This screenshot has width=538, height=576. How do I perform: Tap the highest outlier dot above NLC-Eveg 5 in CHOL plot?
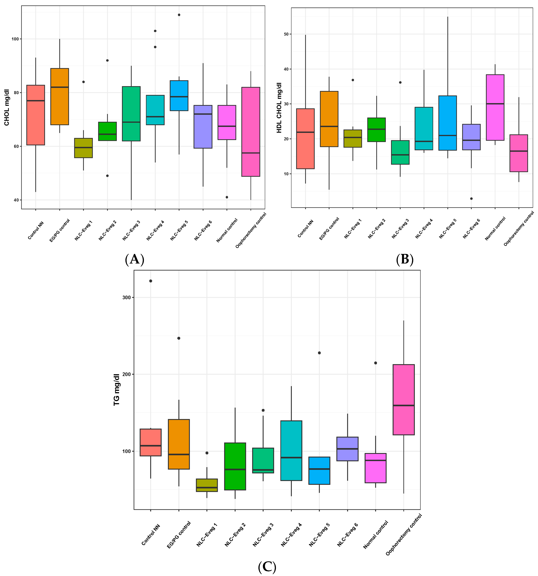coord(179,15)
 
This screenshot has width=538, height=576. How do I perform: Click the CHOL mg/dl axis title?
coord(7,107)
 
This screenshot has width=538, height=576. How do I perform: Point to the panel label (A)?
coord(134,259)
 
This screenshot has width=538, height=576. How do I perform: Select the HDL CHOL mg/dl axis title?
coord(279,107)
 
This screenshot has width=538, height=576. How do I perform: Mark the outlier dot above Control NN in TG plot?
coord(151,281)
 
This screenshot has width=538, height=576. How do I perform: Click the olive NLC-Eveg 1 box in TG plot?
coord(207,485)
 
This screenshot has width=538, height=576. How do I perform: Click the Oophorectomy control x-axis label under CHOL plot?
coord(251,230)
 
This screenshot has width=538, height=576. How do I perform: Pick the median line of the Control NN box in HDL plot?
coord(305,132)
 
